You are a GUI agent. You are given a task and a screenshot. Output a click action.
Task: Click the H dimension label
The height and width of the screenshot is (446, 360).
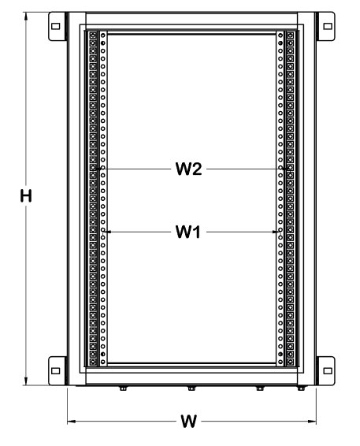26,196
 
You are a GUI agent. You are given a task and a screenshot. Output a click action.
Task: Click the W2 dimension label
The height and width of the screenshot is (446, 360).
188,169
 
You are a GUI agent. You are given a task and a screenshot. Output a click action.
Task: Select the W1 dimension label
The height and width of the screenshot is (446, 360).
188,232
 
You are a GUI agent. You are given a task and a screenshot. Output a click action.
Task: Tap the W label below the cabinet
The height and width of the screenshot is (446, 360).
188,422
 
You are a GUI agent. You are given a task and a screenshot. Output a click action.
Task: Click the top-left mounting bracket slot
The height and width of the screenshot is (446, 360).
55,27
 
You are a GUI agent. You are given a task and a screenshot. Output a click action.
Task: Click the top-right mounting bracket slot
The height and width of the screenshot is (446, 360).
328,27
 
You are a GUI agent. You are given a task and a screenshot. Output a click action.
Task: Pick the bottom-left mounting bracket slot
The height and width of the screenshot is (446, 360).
55,371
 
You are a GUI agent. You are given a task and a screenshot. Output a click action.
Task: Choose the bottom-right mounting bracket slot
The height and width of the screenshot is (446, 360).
328,371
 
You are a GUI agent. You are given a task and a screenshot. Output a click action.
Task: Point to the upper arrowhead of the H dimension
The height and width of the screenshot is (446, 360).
26,13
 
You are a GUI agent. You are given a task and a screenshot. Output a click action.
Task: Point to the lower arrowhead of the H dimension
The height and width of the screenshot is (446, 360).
26,385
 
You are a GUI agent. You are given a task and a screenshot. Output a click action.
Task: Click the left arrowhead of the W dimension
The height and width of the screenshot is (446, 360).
69,422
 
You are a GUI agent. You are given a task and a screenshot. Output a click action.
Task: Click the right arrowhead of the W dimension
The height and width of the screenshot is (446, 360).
315,422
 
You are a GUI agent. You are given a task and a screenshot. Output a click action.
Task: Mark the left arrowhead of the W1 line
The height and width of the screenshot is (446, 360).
106,232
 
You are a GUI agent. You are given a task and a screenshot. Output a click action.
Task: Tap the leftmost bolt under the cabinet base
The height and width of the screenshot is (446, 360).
123,388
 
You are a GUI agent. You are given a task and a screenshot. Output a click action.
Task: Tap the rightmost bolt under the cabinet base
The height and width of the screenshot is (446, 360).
301,388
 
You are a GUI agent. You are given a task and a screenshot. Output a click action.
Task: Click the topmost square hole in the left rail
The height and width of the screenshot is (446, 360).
93,35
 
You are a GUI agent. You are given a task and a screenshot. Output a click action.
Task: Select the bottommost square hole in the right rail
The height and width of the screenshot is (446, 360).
290,362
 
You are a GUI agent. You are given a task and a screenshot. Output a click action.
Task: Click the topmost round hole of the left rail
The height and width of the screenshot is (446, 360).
103,35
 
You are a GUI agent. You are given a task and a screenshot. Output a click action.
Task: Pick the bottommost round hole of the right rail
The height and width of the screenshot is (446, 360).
280,362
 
